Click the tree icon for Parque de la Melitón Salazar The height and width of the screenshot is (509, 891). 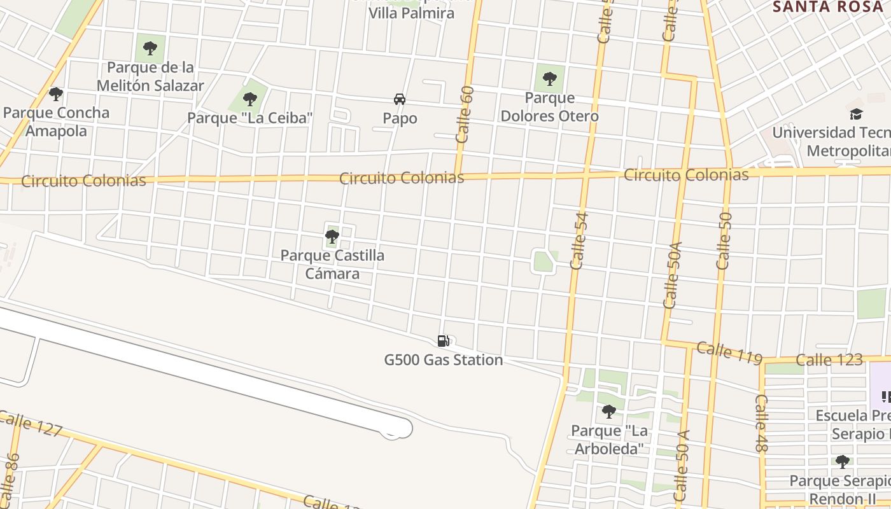tap(150, 48)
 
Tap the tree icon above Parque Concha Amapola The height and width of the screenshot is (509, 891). tap(56, 94)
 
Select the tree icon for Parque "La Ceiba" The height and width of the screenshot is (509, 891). tap(250, 99)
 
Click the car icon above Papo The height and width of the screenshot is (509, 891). tap(400, 99)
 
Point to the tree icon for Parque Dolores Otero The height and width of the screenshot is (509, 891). tap(550, 79)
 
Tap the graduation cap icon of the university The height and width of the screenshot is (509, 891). tap(856, 114)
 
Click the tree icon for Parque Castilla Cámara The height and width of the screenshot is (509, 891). tap(332, 237)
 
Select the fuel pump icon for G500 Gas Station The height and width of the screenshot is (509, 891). tap(444, 341)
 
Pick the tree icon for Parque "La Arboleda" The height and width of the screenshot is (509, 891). tap(609, 412)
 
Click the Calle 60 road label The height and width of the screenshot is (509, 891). tap(465, 114)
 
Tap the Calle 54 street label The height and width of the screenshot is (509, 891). tap(580, 241)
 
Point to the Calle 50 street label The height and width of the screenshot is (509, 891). tap(724, 241)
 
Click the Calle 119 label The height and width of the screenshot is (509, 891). tap(729, 353)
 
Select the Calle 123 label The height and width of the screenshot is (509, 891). tap(829, 360)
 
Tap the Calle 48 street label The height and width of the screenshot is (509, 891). tap(762, 423)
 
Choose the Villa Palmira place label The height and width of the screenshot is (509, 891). tap(412, 13)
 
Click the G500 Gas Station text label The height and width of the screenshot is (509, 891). tap(444, 360)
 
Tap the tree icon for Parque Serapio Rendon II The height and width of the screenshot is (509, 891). tap(842, 461)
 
